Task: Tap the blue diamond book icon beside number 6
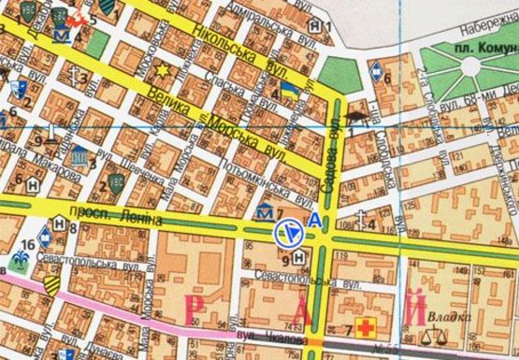376,67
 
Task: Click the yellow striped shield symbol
51,277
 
